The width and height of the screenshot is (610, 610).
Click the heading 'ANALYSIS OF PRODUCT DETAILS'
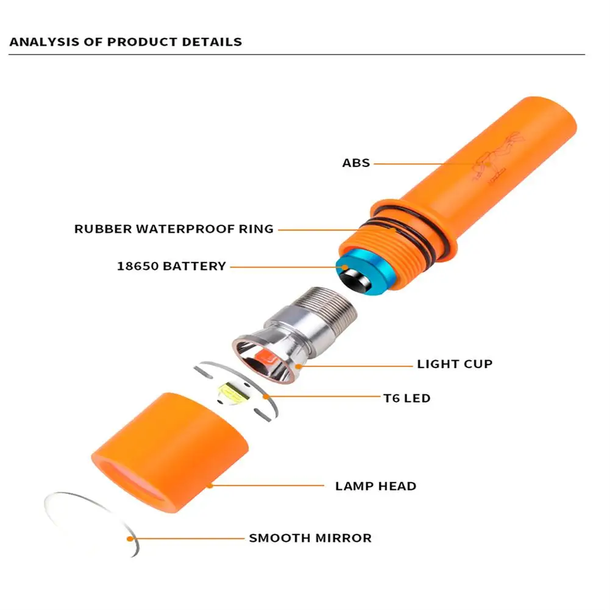tap(126, 42)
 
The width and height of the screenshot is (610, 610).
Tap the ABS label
tap(356, 163)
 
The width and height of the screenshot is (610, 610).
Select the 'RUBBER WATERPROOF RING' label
tap(174, 229)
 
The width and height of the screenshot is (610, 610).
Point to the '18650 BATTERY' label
tap(171, 266)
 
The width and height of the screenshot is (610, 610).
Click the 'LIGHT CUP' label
tap(455, 364)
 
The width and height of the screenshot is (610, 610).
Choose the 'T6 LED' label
tap(406, 398)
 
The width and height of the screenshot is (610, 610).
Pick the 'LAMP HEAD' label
tap(375, 486)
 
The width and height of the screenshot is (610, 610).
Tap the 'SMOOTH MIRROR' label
tap(310, 538)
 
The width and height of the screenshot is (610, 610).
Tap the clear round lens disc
tap(91, 521)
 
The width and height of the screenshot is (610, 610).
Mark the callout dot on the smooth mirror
tap(130, 538)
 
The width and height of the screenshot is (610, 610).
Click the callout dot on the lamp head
tap(209, 486)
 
